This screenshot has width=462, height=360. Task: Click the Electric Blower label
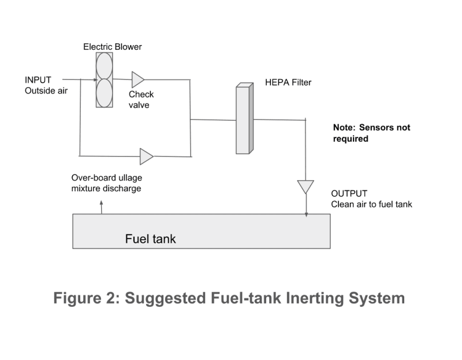(x=112, y=47)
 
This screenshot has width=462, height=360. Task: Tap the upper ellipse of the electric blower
(x=105, y=66)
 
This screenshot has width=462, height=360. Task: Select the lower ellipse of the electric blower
(x=105, y=93)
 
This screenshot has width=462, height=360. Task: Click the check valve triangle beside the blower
(x=137, y=79)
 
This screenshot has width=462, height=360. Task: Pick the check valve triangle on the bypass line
(x=146, y=156)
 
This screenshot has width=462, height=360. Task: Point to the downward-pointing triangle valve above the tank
(x=305, y=187)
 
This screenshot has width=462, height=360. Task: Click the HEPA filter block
(x=244, y=118)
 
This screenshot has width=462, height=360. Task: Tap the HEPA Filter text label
(x=288, y=82)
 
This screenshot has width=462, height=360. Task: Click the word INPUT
(x=38, y=80)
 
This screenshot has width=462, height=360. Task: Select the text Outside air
(x=46, y=91)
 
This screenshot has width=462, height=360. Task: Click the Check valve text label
(x=141, y=99)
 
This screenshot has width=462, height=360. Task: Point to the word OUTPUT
(x=349, y=194)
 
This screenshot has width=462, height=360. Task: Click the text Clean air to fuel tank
(x=371, y=204)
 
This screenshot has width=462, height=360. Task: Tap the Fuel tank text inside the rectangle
(x=150, y=239)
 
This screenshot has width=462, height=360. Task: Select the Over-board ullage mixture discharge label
(x=107, y=183)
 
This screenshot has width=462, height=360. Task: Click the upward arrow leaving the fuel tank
(x=102, y=207)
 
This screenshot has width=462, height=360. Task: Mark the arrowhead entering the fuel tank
(x=307, y=214)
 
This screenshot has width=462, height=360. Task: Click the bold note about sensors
(x=371, y=133)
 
